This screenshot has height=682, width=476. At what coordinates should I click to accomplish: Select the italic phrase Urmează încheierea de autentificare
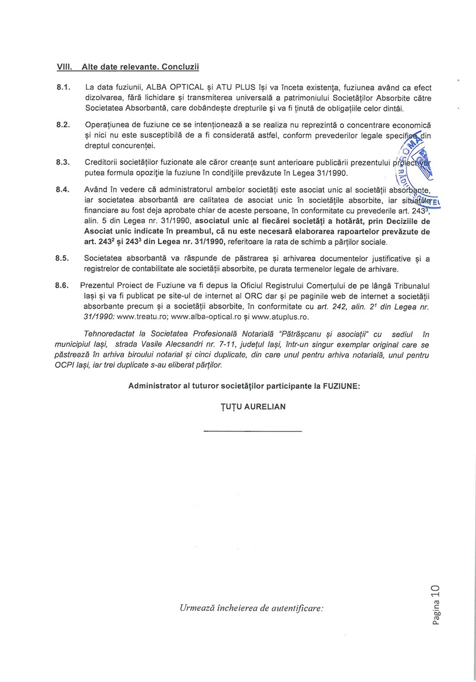(x=251, y=608)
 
